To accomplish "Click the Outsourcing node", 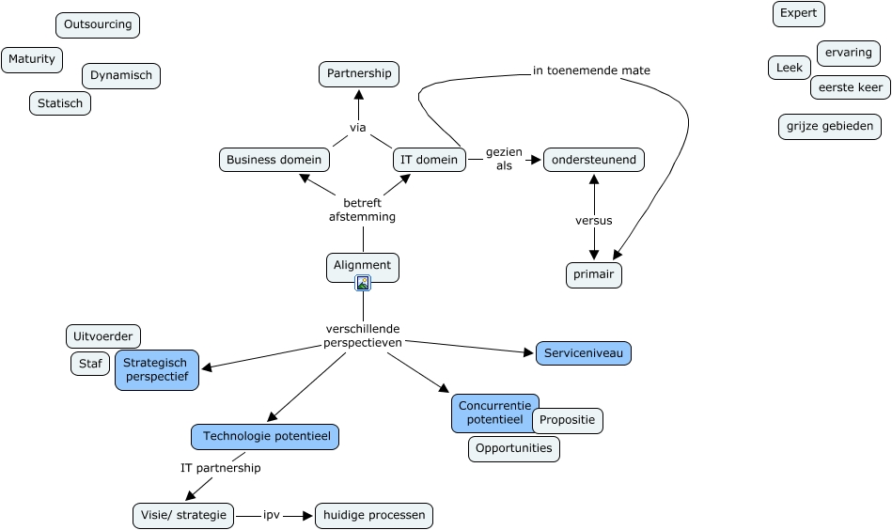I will pyautogui.click(x=98, y=24).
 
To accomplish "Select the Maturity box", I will pyautogui.click(x=32, y=59).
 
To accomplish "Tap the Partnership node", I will pyautogui.click(x=358, y=73).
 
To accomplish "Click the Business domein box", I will pyautogui.click(x=274, y=160).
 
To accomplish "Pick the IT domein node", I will pyautogui.click(x=430, y=160).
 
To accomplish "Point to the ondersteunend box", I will pyautogui.click(x=594, y=160).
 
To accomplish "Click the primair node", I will pyautogui.click(x=594, y=275).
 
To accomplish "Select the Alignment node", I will pyautogui.click(x=363, y=266).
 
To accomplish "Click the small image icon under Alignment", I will pyautogui.click(x=363, y=283).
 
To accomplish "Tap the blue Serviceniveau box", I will pyautogui.click(x=583, y=353).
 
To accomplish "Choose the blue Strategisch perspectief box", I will pyautogui.click(x=157, y=369).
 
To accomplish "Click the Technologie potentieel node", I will pyautogui.click(x=265, y=436).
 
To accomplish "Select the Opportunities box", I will pyautogui.click(x=514, y=448).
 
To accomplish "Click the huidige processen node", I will pyautogui.click(x=374, y=515).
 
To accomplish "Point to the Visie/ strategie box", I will pyautogui.click(x=182, y=515).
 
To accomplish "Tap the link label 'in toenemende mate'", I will pyautogui.click(x=591, y=70).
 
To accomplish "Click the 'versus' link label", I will pyautogui.click(x=594, y=221).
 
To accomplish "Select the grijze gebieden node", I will pyautogui.click(x=830, y=126).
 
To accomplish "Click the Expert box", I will pyautogui.click(x=799, y=14).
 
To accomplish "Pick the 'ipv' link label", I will pyautogui.click(x=273, y=515).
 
